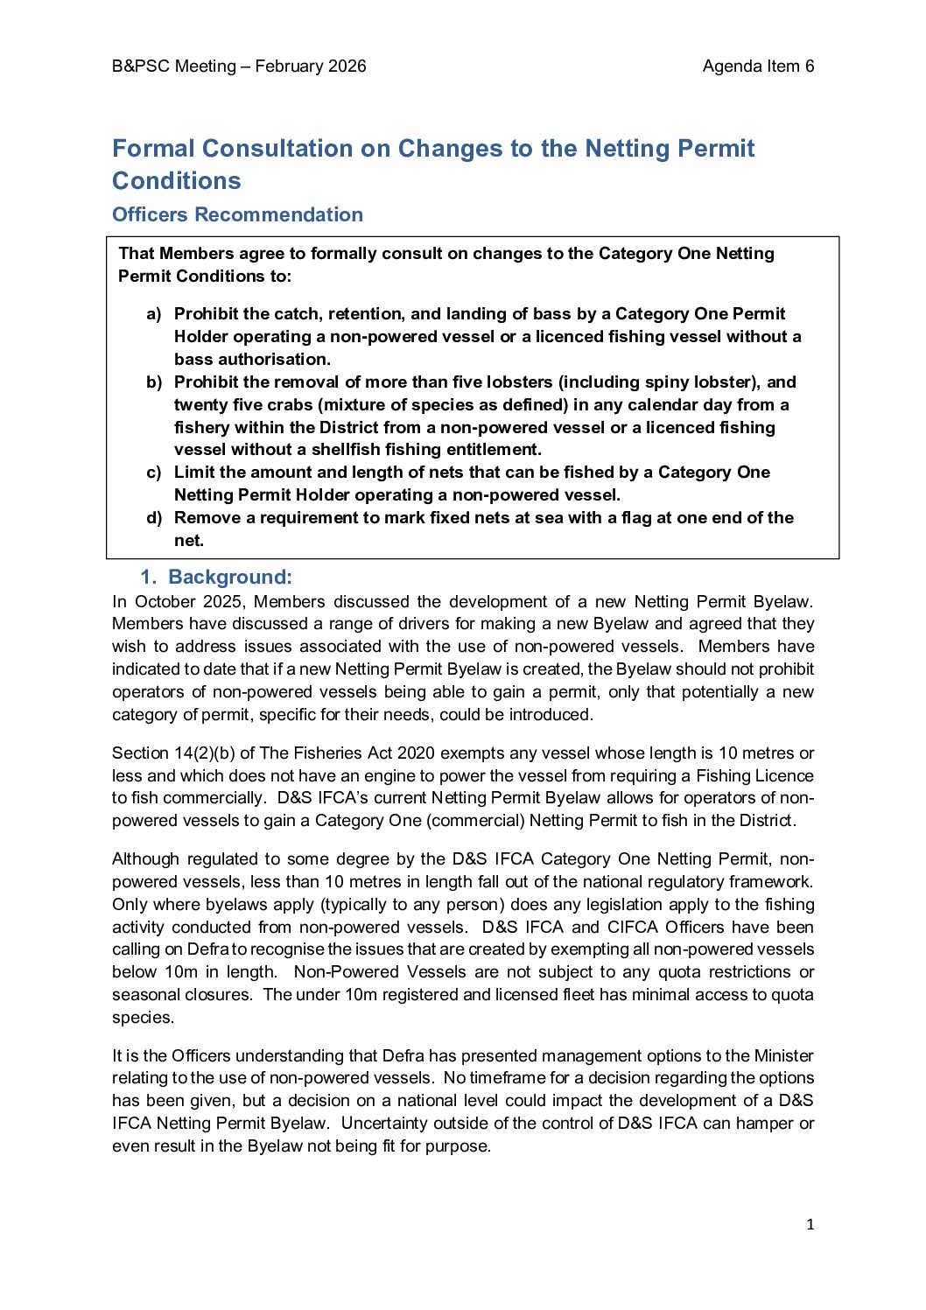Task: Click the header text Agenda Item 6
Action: pyautogui.click(x=758, y=67)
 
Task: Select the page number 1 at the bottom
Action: pyautogui.click(x=810, y=1225)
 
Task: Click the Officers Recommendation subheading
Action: pyautogui.click(x=237, y=214)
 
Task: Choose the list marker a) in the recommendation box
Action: pyautogui.click(x=154, y=314)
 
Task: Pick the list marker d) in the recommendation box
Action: pyautogui.click(x=154, y=518)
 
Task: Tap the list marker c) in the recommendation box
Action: pyautogui.click(x=154, y=473)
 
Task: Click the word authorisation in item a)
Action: pyautogui.click(x=253, y=360)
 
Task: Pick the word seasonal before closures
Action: pyautogui.click(x=145, y=995)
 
